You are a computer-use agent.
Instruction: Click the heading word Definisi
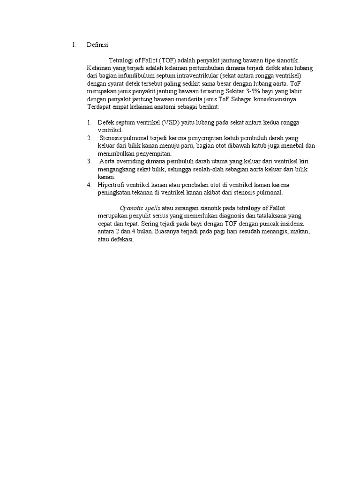point(97,45)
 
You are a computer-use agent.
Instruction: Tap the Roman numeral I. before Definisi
point(74,45)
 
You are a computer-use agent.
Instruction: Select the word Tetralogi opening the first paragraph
point(122,61)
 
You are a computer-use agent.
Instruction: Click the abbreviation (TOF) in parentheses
point(168,61)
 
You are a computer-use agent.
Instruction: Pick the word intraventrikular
point(191,75)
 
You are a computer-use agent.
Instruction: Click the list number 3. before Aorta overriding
point(89,161)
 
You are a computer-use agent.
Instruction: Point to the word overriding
point(132,161)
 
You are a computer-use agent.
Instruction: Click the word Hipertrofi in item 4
point(112,185)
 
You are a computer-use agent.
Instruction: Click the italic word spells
point(151,208)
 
